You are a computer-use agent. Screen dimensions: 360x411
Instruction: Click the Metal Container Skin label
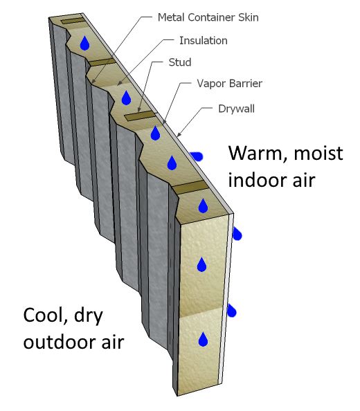tap(208, 17)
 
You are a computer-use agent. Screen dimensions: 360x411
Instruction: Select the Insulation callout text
tap(204, 41)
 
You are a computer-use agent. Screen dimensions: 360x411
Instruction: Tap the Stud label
tap(180, 62)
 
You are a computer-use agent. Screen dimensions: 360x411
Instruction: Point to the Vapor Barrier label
tap(229, 84)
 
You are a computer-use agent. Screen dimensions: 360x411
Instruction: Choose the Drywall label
tap(236, 109)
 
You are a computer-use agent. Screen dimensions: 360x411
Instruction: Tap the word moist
tap(318, 154)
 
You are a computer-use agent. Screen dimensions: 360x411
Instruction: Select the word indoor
tap(255, 180)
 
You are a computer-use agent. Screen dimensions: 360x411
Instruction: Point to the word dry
tap(89, 316)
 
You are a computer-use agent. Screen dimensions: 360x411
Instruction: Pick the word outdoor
tap(60, 342)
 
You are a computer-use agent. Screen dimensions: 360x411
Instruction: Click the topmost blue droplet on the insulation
tap(84, 43)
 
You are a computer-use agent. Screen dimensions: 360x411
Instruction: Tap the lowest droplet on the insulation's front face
tap(203, 339)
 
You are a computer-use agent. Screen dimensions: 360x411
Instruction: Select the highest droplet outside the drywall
tap(196, 156)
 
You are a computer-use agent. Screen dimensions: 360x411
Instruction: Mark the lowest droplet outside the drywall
tap(231, 311)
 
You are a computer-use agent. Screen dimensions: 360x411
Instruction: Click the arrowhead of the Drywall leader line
tap(179, 135)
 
